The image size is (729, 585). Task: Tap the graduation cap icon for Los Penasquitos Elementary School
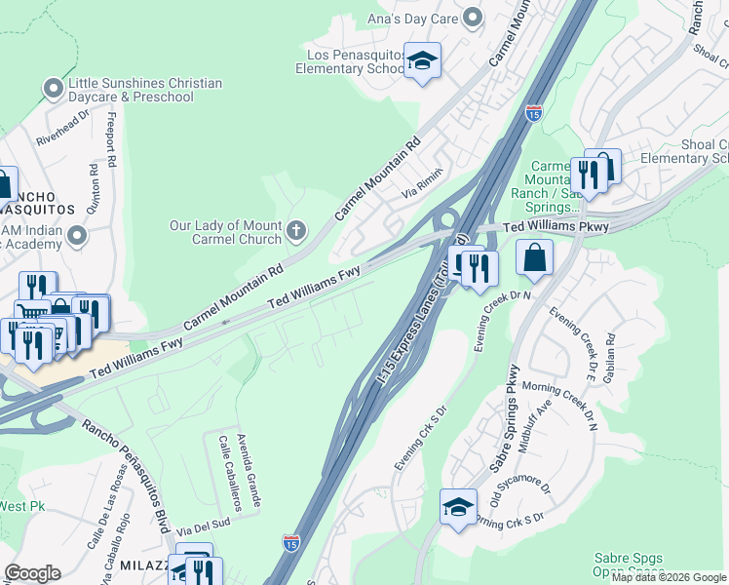coord(422,61)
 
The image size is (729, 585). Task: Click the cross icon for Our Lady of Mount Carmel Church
coord(296,232)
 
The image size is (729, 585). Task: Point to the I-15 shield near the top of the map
coord(533,112)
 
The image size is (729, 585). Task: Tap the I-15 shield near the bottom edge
coord(290,543)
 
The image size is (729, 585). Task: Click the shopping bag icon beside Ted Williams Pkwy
coord(534,257)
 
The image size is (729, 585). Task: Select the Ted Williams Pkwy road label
coord(556,227)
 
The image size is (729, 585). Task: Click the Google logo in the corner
coord(33,573)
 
